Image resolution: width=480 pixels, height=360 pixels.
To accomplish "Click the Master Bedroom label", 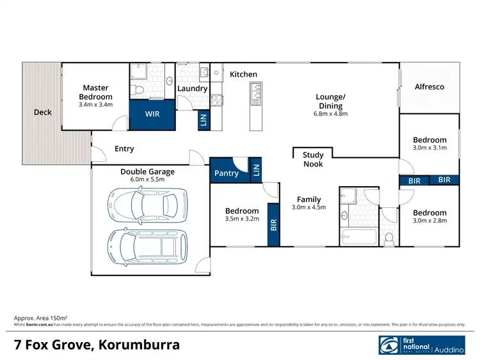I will click(x=95, y=92).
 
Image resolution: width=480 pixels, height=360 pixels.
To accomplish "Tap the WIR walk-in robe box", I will click(x=153, y=114).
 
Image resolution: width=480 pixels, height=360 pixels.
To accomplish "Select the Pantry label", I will click(x=226, y=173).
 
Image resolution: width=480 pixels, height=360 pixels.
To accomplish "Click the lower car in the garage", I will click(x=145, y=246).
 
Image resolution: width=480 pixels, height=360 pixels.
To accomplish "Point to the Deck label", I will click(x=43, y=113).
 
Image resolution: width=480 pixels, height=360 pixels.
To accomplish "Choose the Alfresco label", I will click(x=429, y=86).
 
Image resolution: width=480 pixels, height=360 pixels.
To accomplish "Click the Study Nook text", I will click(x=313, y=159).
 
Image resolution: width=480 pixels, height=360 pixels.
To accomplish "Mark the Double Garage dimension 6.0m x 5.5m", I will click(x=147, y=180).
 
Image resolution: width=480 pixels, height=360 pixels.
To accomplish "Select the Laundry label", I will click(x=192, y=88).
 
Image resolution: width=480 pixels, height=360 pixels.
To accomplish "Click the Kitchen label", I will click(x=243, y=74).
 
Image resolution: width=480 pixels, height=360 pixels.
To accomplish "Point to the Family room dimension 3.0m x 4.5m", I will click(x=308, y=207).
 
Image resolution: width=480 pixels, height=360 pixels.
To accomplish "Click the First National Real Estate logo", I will click(x=422, y=345).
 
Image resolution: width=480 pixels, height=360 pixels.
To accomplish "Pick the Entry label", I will click(x=124, y=149).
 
